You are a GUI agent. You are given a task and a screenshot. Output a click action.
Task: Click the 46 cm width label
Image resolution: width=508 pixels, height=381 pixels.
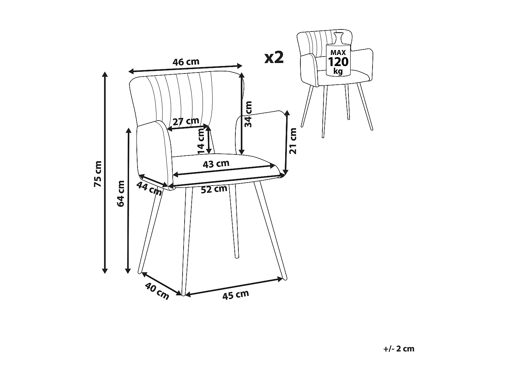[186, 62]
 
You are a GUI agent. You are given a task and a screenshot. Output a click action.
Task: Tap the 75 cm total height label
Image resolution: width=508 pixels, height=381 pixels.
[98, 174]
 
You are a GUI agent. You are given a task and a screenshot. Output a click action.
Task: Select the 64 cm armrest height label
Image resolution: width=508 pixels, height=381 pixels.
[121, 193]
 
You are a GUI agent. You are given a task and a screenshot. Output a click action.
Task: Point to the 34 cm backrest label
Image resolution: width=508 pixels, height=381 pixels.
[249, 114]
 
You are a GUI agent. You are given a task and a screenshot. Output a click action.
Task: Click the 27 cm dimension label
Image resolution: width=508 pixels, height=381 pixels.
[186, 121]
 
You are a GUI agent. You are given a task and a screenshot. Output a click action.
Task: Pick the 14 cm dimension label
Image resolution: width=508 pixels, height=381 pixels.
[201, 141]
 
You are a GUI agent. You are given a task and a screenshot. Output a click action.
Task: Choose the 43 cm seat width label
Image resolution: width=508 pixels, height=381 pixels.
[216, 164]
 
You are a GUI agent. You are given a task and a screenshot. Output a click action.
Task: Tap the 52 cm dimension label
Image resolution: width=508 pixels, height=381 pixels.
[214, 189]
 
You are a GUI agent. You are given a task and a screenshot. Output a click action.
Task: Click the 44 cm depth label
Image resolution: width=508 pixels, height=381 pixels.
[149, 188]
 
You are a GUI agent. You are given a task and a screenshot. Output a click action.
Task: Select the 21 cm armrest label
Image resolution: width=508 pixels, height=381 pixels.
[293, 141]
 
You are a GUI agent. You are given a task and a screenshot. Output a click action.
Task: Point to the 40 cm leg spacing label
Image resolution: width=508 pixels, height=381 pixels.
[157, 291]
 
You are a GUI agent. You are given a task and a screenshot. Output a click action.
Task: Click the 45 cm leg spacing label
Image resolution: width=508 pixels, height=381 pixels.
[235, 295]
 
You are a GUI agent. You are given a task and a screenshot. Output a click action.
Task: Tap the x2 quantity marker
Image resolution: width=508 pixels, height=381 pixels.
[274, 58]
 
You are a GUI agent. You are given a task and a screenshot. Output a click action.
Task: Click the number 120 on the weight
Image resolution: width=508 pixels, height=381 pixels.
[338, 62]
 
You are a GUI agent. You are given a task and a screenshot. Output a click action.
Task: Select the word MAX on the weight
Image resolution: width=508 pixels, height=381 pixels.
[338, 52]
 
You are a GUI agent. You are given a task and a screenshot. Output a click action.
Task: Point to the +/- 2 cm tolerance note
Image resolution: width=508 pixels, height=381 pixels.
[399, 349]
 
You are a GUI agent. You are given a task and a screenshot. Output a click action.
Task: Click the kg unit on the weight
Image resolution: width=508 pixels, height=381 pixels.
[338, 71]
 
